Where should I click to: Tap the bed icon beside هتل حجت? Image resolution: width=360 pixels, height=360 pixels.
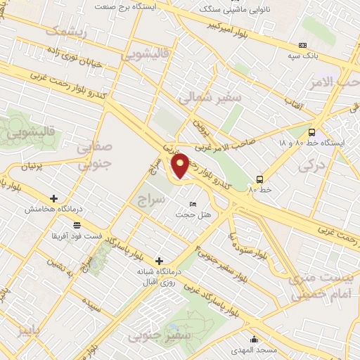click(193, 204)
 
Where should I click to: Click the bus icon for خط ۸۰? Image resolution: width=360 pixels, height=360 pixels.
click(259, 179)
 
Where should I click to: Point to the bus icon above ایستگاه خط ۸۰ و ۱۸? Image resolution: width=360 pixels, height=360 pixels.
click(311, 131)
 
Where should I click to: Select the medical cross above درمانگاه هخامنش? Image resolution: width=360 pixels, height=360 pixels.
click(53, 199)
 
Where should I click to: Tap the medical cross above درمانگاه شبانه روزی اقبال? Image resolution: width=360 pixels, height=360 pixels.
click(160, 261)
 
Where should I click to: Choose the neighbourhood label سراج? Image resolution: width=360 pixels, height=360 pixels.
click(152, 200)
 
